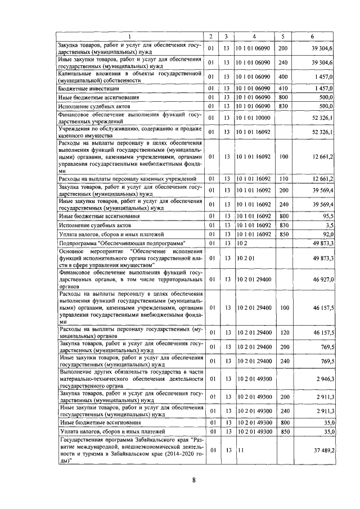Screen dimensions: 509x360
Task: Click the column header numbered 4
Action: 254,37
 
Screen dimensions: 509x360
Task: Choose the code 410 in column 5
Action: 283,88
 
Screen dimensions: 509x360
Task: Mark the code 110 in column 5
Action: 283,179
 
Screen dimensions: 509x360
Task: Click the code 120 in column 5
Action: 283,333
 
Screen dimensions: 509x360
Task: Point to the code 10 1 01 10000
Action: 254,117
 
